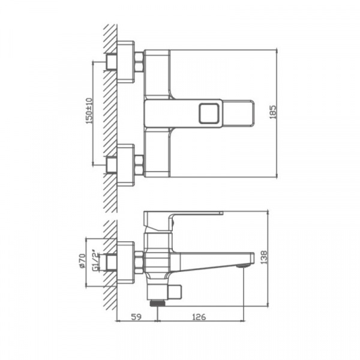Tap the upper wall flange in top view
[126, 61]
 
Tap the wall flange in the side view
[126, 262]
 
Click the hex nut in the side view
[139, 262]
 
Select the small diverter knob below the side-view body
[174, 290]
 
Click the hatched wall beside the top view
[110, 114]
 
